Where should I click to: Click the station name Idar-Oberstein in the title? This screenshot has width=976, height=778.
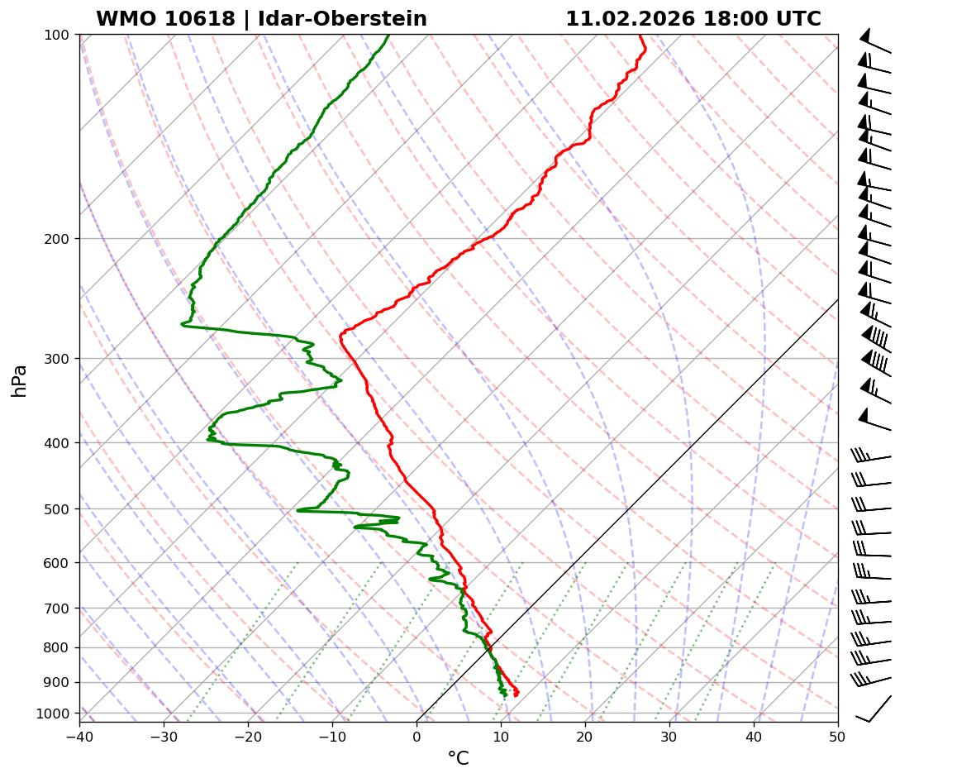pos(343,19)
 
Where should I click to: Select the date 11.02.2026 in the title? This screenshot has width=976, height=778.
pos(630,19)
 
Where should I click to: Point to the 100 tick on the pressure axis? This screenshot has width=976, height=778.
pos(58,35)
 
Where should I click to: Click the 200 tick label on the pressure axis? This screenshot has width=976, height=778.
pos(58,239)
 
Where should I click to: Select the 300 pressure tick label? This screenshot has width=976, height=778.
pos(58,359)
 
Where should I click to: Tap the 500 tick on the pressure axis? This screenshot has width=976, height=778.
pos(58,509)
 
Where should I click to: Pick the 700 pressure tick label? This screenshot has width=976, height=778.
pos(58,609)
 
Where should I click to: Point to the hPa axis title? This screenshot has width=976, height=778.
pos(20,381)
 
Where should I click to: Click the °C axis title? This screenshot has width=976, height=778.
pos(458,758)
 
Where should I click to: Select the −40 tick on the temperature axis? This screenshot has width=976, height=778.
pos(79,734)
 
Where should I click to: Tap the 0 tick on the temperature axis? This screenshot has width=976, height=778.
pos(417,734)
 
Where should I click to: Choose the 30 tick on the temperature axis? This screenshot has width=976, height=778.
pos(669,734)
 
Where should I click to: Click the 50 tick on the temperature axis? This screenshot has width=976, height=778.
pos(838,734)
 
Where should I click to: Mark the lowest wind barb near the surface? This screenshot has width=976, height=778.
pos(874,710)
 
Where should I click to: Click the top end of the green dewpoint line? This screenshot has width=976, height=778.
pos(388,35)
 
